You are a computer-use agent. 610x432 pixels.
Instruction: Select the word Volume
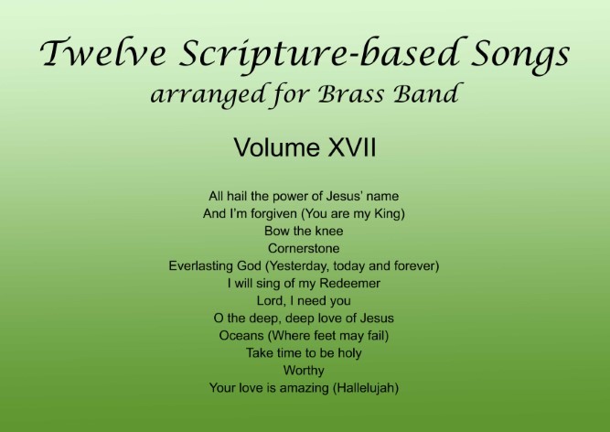click(x=277, y=147)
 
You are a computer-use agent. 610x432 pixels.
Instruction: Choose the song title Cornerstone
click(x=304, y=248)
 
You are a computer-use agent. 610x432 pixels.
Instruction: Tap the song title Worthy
click(x=304, y=371)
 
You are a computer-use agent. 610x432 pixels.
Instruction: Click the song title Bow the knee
click(x=304, y=231)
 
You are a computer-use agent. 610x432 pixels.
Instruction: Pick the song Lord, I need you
click(x=304, y=301)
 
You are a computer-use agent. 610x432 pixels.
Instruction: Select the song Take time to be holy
click(x=304, y=353)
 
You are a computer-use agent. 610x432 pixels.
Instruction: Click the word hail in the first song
click(x=237, y=196)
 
